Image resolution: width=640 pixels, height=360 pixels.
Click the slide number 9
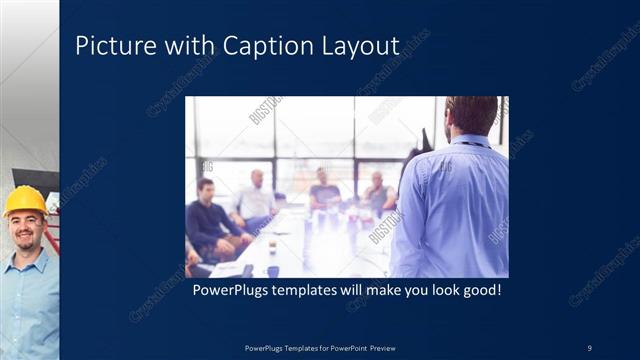coord(589,347)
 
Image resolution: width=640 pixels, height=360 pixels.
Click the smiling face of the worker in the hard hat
coord(26,231)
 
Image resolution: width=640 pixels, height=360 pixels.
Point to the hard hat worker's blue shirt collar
coord(25,260)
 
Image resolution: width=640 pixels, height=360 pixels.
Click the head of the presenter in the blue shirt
coord(471,116)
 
